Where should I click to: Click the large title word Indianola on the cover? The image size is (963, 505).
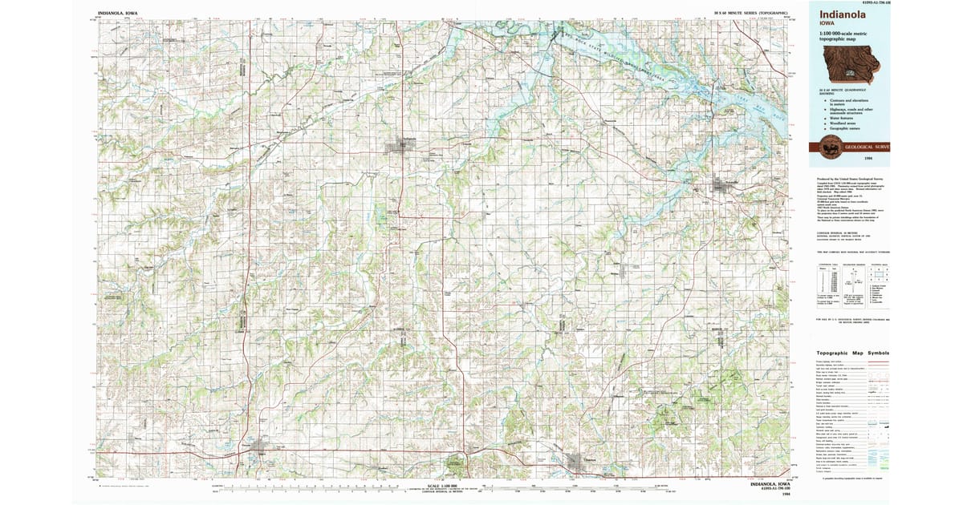tap(843, 15)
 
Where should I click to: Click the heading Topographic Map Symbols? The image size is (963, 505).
tap(853, 353)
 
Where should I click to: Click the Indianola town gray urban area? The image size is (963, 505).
tap(399, 147)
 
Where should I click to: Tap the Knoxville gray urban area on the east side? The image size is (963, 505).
tap(723, 187)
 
